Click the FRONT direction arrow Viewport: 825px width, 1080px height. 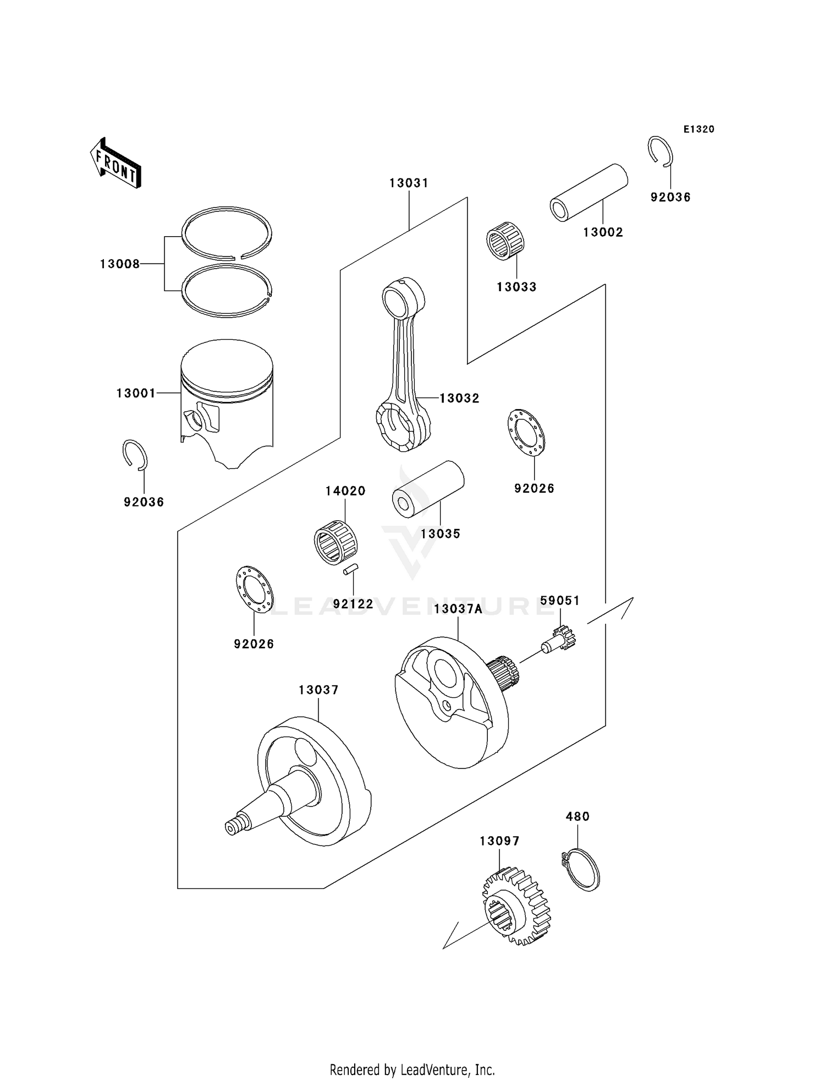pos(116,163)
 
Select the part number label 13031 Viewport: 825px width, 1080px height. pos(409,183)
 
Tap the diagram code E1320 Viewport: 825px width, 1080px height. pos(698,129)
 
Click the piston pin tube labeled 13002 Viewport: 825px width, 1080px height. pos(589,193)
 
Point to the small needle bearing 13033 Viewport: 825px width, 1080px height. pos(505,241)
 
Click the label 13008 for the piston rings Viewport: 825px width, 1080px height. pos(120,264)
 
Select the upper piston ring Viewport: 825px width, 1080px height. pos(227,232)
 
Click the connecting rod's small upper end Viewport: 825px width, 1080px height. pos(403,298)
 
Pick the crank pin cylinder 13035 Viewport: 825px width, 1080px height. pos(428,489)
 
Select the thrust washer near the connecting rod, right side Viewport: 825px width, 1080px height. pos(526,433)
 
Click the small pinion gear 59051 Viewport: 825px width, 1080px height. pos(560,639)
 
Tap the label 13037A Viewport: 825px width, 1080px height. pos(458,609)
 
